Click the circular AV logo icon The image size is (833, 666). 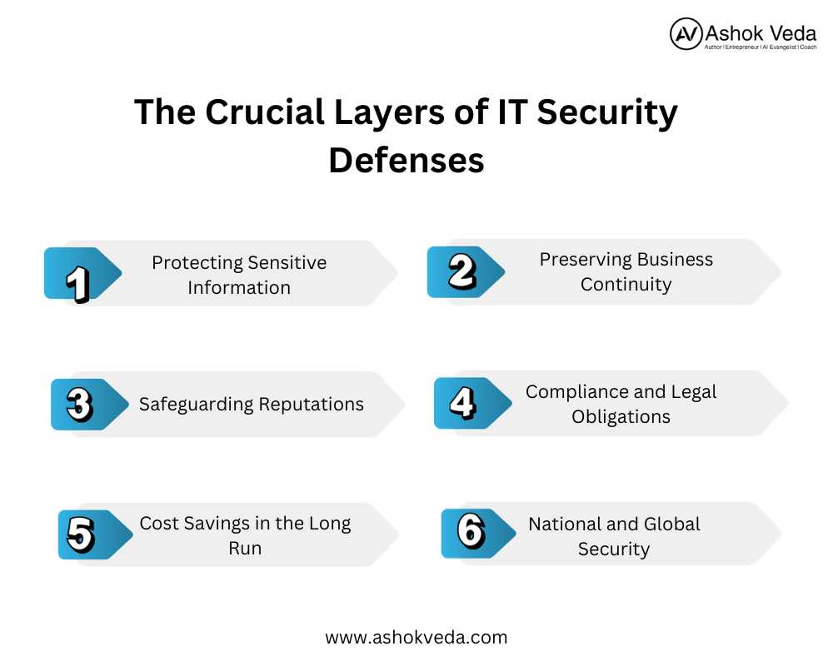pyautogui.click(x=686, y=33)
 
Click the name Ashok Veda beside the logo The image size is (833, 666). pyautogui.click(x=761, y=33)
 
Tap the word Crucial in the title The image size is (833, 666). pyautogui.click(x=265, y=112)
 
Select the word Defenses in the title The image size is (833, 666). pyautogui.click(x=407, y=160)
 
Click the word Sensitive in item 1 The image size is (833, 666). pyautogui.click(x=287, y=262)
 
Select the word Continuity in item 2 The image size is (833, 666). pyautogui.click(x=626, y=285)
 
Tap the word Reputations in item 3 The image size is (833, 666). pyautogui.click(x=312, y=405)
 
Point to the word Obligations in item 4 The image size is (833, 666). pyautogui.click(x=621, y=417)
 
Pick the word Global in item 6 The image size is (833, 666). pyautogui.click(x=672, y=524)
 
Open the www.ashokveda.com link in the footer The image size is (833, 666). pyautogui.click(x=416, y=638)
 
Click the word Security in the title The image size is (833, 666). pyautogui.click(x=607, y=113)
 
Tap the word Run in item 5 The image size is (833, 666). pyautogui.click(x=245, y=548)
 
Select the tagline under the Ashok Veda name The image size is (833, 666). pyautogui.click(x=761, y=47)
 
